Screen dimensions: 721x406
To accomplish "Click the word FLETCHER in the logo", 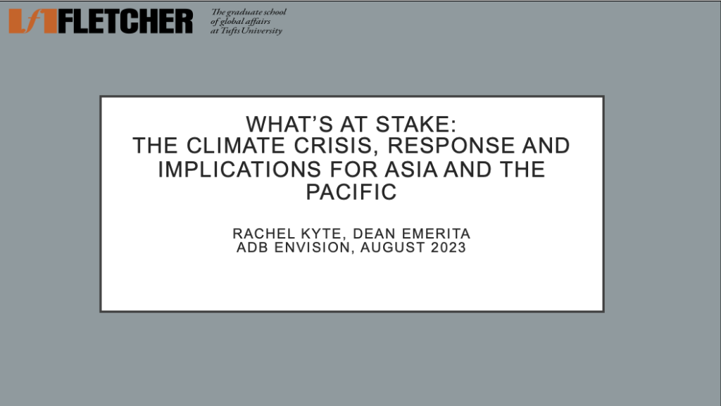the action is click(x=125, y=21).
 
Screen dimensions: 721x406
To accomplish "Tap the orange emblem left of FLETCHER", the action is click(x=32, y=21).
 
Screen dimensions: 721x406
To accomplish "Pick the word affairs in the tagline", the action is click(x=258, y=21).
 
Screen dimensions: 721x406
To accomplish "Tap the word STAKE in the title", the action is click(x=415, y=125).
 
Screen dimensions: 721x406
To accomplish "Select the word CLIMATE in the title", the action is click(x=236, y=146).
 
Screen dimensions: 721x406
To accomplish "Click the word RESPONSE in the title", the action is click(x=451, y=146).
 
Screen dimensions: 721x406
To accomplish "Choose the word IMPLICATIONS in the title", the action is click(x=239, y=170).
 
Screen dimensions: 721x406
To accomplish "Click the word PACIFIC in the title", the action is click(x=351, y=192).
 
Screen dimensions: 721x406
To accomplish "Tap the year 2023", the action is click(x=449, y=247).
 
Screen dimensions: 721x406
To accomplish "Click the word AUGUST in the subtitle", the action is click(x=393, y=247).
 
